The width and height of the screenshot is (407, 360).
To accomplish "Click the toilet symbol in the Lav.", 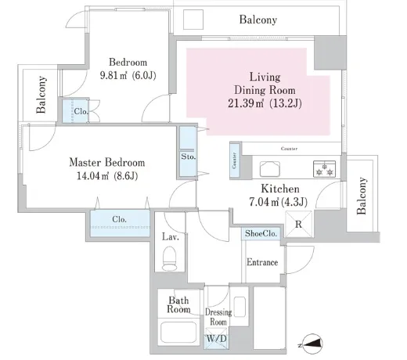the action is [x=169, y=258].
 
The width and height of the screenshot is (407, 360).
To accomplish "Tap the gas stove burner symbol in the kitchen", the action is [x=324, y=169].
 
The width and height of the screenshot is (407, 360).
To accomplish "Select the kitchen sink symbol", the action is [x=270, y=169].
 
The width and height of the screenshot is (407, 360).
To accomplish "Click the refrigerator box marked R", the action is [x=298, y=224].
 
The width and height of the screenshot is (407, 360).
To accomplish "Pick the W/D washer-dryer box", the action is [x=216, y=339].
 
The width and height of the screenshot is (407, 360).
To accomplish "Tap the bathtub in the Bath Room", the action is [x=178, y=333].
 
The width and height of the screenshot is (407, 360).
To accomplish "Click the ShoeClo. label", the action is [x=261, y=233].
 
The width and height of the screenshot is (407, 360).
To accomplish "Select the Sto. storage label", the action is [x=188, y=157].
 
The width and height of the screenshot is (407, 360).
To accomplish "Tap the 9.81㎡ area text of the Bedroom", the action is [x=113, y=76].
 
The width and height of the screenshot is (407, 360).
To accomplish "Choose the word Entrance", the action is [x=262, y=262].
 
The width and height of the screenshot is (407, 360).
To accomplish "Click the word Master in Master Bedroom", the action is [x=85, y=163].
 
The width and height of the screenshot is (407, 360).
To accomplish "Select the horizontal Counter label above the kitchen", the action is [x=289, y=149].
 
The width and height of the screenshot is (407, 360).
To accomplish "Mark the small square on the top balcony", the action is [x=193, y=20].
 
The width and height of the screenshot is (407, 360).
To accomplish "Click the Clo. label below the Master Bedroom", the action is [x=119, y=219].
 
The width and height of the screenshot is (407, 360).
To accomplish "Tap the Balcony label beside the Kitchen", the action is [x=362, y=196].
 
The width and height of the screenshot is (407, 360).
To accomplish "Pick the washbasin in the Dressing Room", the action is [x=240, y=307].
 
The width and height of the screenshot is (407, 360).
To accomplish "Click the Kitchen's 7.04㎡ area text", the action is [x=264, y=202].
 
